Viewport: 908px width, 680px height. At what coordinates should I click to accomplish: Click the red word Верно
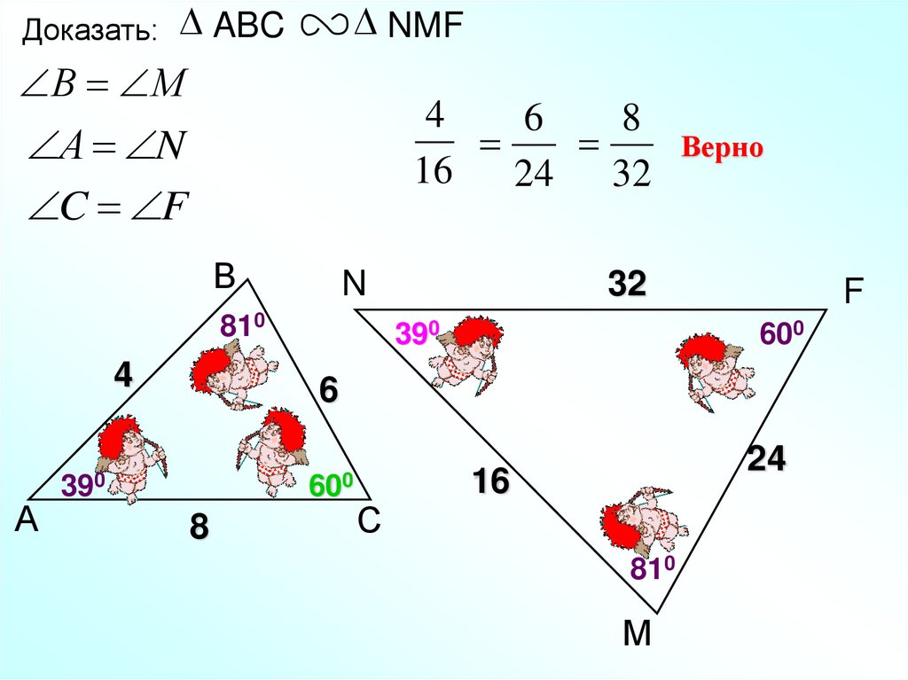tap(721, 148)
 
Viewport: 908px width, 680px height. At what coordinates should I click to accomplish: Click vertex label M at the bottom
tap(637, 633)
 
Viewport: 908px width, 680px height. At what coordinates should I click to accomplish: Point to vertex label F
tap(853, 293)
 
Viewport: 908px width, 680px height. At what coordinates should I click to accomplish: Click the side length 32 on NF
tap(627, 285)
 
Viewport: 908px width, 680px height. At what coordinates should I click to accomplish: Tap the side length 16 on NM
tap(490, 482)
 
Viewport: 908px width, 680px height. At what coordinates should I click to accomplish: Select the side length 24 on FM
tap(767, 459)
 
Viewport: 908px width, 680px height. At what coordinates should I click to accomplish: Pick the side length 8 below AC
tap(199, 528)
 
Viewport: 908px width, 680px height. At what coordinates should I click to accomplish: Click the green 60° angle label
tap(332, 485)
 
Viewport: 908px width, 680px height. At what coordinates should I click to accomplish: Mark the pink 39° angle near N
tap(418, 334)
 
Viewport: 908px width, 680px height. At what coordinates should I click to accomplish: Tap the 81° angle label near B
tap(243, 326)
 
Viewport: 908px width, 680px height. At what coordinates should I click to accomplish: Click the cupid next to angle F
tap(715, 365)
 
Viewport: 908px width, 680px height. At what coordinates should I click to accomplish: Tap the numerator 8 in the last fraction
tap(631, 119)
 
